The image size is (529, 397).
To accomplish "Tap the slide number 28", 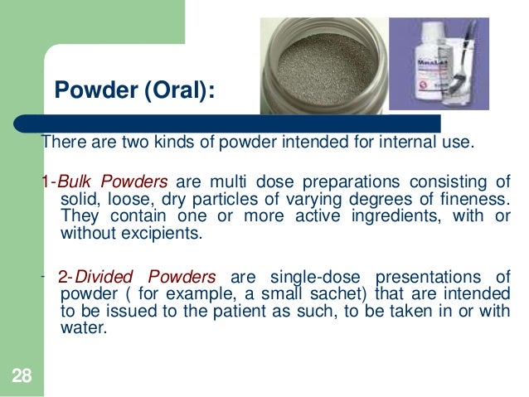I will tap(21, 378).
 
